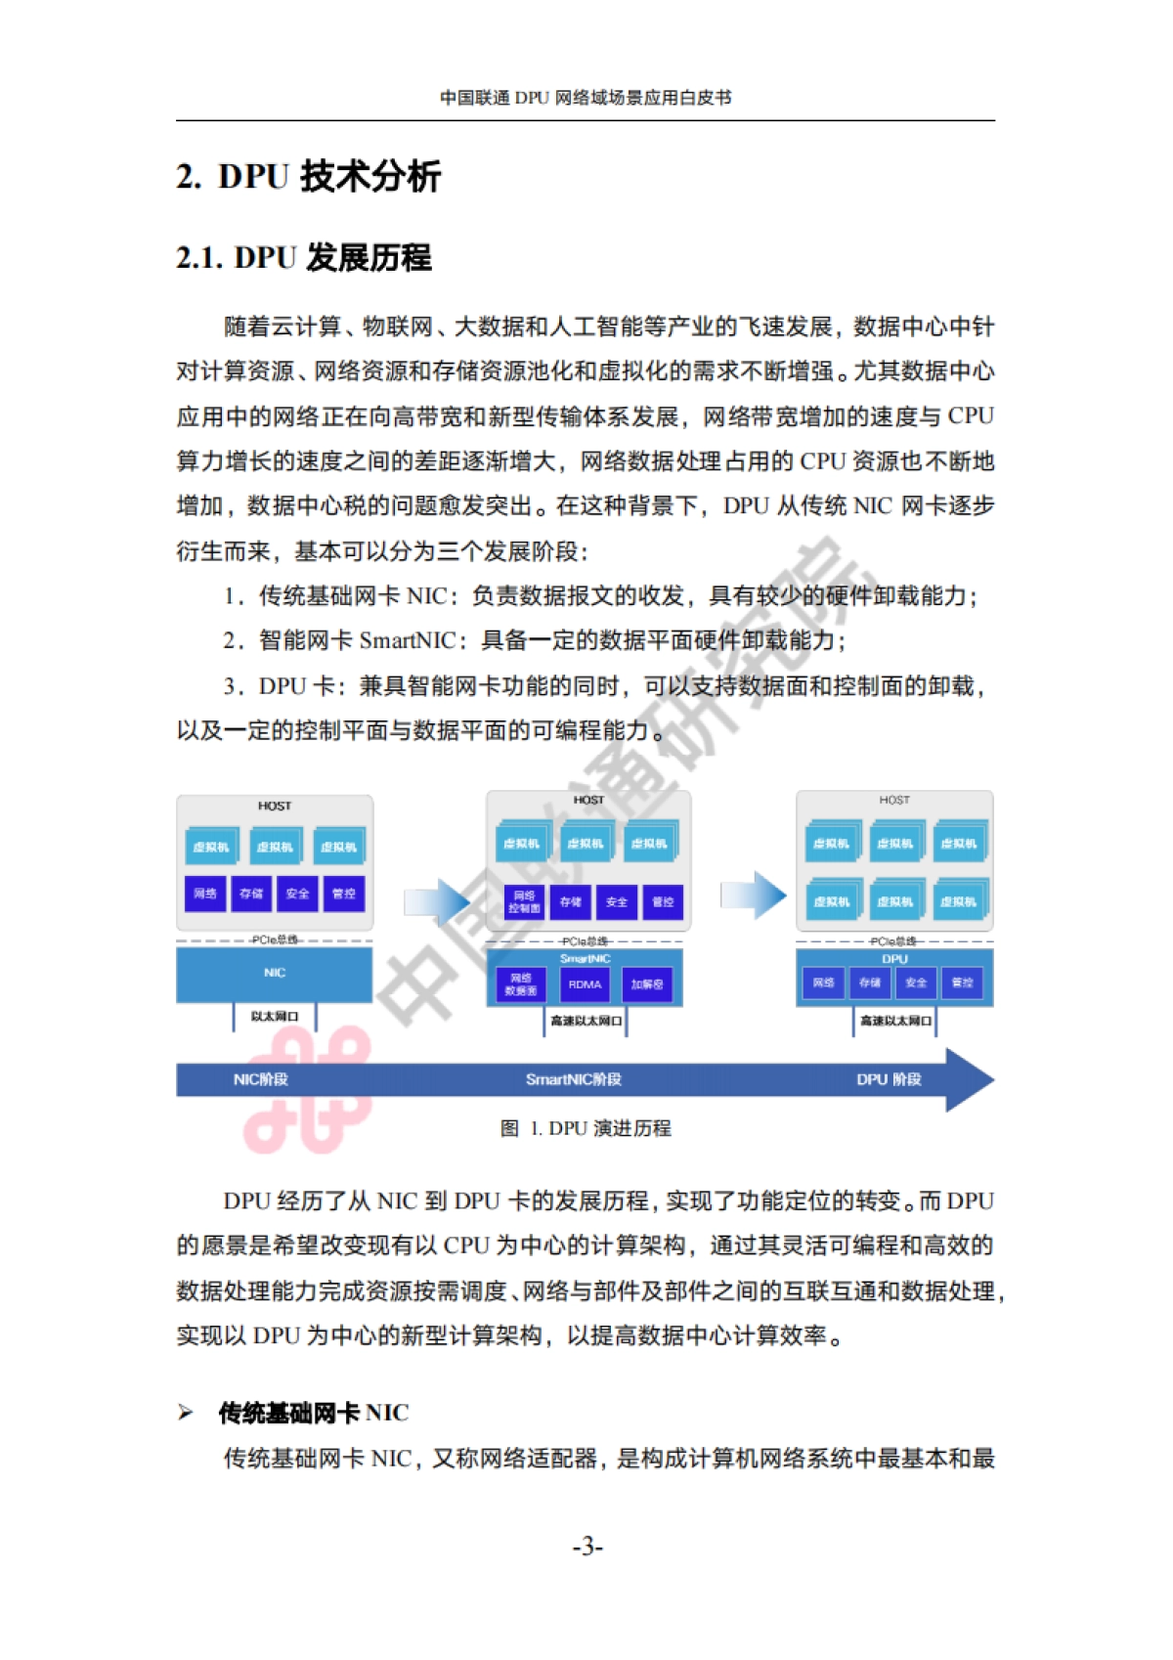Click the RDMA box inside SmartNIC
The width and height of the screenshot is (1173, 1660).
585,984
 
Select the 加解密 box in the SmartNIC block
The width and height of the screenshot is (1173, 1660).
647,984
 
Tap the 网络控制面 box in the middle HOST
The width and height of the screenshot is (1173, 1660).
524,901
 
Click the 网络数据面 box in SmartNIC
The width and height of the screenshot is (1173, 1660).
521,984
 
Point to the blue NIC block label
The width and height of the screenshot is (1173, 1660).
275,973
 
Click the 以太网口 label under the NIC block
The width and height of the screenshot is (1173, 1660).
274,1017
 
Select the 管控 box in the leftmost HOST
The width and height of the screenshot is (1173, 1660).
344,894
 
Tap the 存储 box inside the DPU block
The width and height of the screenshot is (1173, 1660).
869,983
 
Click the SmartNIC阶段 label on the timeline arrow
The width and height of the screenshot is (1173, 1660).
574,1079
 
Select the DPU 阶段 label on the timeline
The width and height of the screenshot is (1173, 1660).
889,1079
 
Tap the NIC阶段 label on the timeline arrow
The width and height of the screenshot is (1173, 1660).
260,1079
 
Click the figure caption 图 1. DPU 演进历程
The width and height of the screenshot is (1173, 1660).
586,1128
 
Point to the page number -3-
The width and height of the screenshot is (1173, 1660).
587,1546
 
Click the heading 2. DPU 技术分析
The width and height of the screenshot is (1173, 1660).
308,177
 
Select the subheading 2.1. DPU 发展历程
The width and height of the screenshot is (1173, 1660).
303,258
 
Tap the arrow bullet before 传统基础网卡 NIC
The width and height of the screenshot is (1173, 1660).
186,1412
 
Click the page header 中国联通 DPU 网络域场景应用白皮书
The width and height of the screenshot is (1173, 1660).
586,98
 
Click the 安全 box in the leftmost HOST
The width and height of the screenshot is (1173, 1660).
297,894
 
